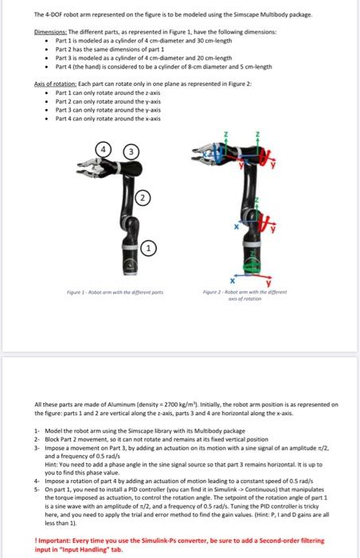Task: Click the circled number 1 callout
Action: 148,248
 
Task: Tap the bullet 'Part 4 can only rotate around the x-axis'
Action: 109,117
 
